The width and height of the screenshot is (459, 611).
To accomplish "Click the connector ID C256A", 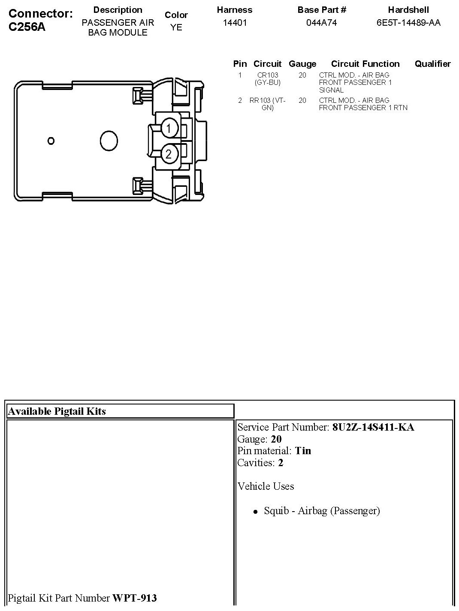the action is tap(27, 27).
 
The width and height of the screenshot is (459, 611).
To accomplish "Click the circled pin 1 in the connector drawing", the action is tap(169, 128).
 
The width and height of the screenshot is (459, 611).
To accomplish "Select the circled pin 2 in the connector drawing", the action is tap(169, 153).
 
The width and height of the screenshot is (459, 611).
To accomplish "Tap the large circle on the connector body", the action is tap(109, 140).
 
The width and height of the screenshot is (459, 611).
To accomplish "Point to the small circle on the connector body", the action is tap(51, 141).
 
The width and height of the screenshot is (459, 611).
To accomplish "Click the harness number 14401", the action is tap(235, 23).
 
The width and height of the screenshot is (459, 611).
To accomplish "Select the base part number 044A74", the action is tap(321, 23).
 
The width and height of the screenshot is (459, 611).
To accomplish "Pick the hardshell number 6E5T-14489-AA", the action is tap(408, 23).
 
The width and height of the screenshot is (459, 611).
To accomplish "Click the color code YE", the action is tap(176, 27).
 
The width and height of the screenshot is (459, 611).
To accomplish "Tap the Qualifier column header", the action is tap(432, 64).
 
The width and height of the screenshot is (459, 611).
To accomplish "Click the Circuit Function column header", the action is tap(365, 64).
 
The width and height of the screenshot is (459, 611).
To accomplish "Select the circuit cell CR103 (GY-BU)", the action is tap(267, 78).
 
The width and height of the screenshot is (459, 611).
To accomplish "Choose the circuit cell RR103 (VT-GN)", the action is tap(267, 104).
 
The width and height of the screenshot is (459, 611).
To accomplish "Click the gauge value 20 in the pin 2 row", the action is tap(302, 100).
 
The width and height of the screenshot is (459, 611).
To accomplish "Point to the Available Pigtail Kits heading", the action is tap(57, 411).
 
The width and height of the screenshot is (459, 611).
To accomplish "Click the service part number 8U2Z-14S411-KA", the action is tap(373, 427).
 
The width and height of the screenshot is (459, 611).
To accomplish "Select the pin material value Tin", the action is tap(303, 451).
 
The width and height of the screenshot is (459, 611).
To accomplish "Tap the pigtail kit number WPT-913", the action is tap(134, 598).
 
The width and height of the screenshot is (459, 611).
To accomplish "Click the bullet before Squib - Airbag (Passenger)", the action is tap(256, 511).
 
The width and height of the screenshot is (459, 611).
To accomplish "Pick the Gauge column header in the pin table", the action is tap(302, 64).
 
